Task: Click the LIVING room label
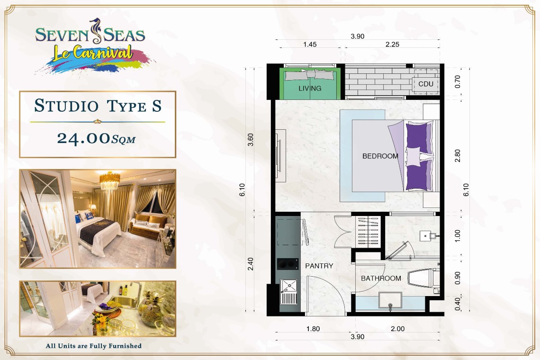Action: (x=310, y=88)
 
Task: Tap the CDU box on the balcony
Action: (x=426, y=84)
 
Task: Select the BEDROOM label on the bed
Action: (x=380, y=156)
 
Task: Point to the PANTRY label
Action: (x=319, y=266)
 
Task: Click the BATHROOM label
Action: (x=381, y=278)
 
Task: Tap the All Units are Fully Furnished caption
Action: (x=93, y=346)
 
